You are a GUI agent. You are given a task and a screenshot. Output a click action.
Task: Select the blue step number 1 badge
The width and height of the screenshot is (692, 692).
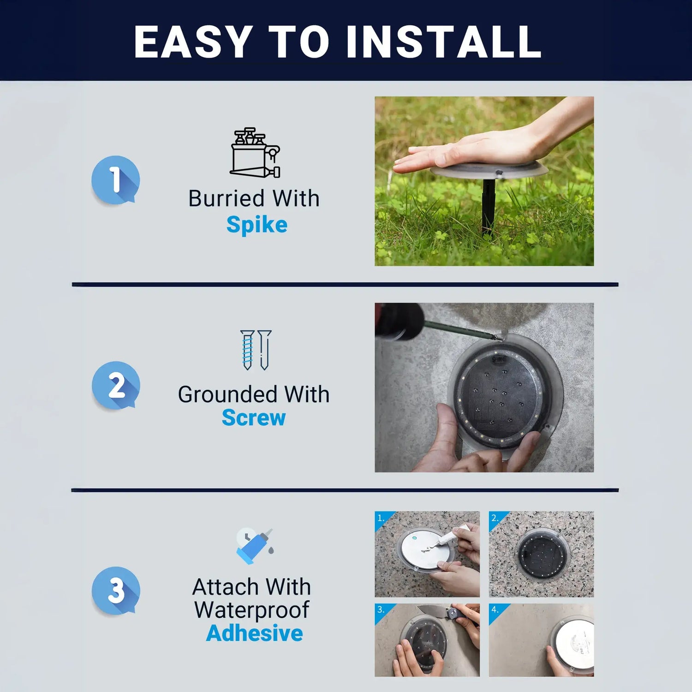115,180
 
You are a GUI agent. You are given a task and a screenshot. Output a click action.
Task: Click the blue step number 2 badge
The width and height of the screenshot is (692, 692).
115,385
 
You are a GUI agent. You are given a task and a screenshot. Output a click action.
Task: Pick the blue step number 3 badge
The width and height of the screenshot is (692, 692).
115,591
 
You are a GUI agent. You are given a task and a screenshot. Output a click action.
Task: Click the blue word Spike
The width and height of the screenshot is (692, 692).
257,225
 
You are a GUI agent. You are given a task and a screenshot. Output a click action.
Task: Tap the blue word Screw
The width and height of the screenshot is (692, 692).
254,418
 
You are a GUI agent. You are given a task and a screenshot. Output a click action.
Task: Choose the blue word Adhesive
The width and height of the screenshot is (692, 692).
254,633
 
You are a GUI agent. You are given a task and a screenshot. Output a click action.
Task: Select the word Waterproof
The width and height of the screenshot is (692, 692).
251,610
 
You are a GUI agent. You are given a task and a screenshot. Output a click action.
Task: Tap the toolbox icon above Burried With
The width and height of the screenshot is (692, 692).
255,153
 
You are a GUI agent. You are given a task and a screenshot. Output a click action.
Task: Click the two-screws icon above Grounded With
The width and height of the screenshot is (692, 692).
256,350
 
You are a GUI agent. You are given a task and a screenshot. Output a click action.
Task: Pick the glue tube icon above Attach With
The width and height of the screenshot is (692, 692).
254,546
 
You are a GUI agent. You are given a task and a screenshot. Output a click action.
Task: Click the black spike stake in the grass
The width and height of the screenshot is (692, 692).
488,206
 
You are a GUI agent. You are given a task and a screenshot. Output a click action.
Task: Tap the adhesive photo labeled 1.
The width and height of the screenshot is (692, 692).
427,554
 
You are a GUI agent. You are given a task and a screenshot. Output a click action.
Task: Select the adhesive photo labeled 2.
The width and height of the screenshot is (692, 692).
541,554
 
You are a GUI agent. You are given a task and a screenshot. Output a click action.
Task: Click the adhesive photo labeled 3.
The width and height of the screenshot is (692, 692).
427,640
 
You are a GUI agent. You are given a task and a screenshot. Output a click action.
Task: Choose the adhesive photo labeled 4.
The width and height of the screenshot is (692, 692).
541,640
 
